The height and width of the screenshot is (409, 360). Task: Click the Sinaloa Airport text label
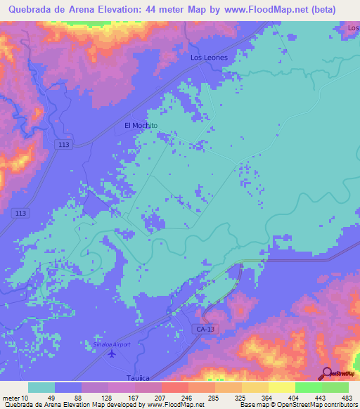(112, 344)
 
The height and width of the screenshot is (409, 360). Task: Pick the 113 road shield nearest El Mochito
(65, 144)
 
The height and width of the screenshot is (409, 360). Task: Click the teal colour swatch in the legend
(41, 387)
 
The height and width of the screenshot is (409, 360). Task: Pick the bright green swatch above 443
(308, 387)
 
